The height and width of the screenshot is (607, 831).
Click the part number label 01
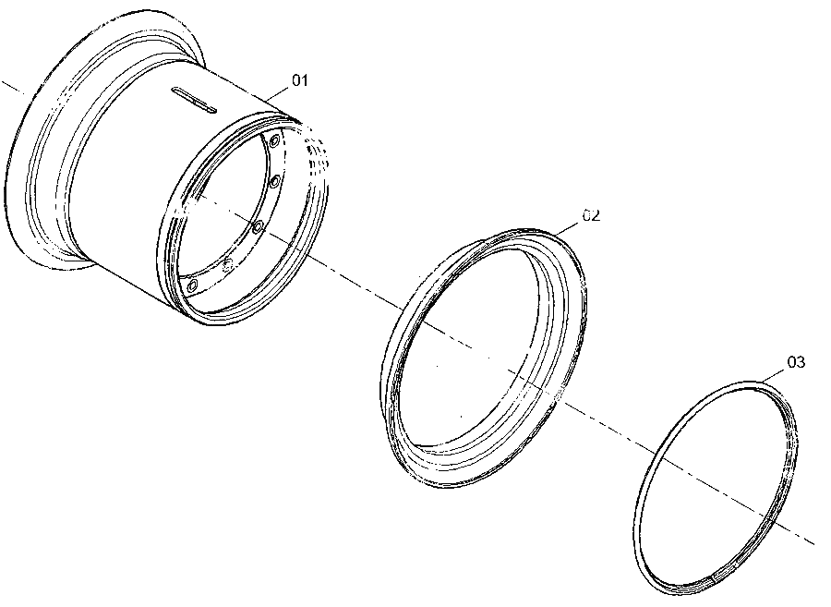(x=300, y=80)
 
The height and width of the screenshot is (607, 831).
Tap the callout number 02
(x=591, y=216)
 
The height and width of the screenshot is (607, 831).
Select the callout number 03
(x=796, y=362)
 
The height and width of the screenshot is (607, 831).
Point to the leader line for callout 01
(x=278, y=92)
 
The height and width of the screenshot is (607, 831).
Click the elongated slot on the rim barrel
(x=194, y=100)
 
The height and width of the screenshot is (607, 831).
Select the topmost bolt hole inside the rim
(x=274, y=141)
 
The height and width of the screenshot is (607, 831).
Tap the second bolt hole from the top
(x=274, y=182)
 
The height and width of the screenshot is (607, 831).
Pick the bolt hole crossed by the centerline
(x=258, y=227)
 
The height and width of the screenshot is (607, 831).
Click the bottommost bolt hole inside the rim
(x=192, y=286)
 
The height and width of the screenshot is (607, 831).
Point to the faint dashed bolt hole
(x=227, y=263)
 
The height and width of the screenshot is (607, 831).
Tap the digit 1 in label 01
(x=304, y=80)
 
